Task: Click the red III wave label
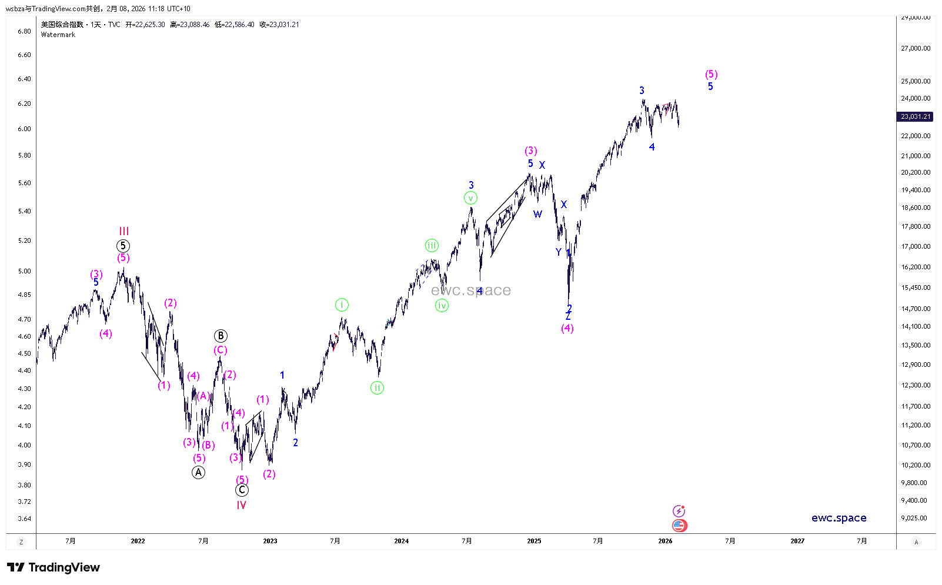click(123, 232)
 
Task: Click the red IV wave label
click(241, 505)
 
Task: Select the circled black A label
click(198, 472)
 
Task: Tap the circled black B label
click(221, 336)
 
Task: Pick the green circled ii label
click(377, 387)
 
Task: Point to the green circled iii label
click(432, 246)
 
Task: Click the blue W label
click(537, 214)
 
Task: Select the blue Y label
click(559, 252)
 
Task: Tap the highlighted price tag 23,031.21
click(916, 116)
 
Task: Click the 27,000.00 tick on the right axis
click(916, 48)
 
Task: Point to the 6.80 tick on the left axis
click(24, 31)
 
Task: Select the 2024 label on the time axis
click(401, 541)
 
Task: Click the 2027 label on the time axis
click(797, 541)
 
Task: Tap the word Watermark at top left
click(58, 35)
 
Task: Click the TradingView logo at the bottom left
click(54, 567)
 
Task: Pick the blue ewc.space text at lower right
click(839, 518)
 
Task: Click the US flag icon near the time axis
click(679, 525)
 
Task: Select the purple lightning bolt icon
click(679, 510)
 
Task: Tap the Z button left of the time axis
click(21, 542)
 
